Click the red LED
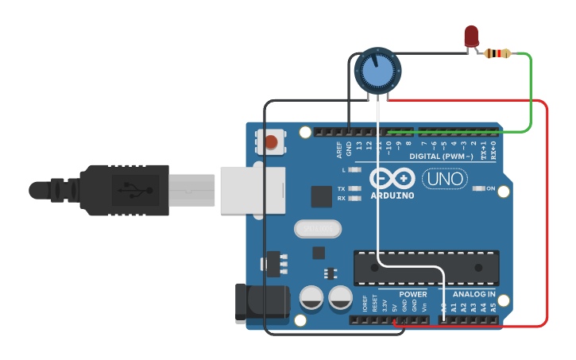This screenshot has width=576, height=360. pos(471,35)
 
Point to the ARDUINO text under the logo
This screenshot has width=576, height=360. pos(392,195)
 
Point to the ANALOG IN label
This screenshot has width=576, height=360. pos(474,294)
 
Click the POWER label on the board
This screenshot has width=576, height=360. pos(413,294)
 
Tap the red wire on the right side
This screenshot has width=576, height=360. pos(547,215)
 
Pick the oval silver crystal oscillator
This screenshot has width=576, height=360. pos(318,229)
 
